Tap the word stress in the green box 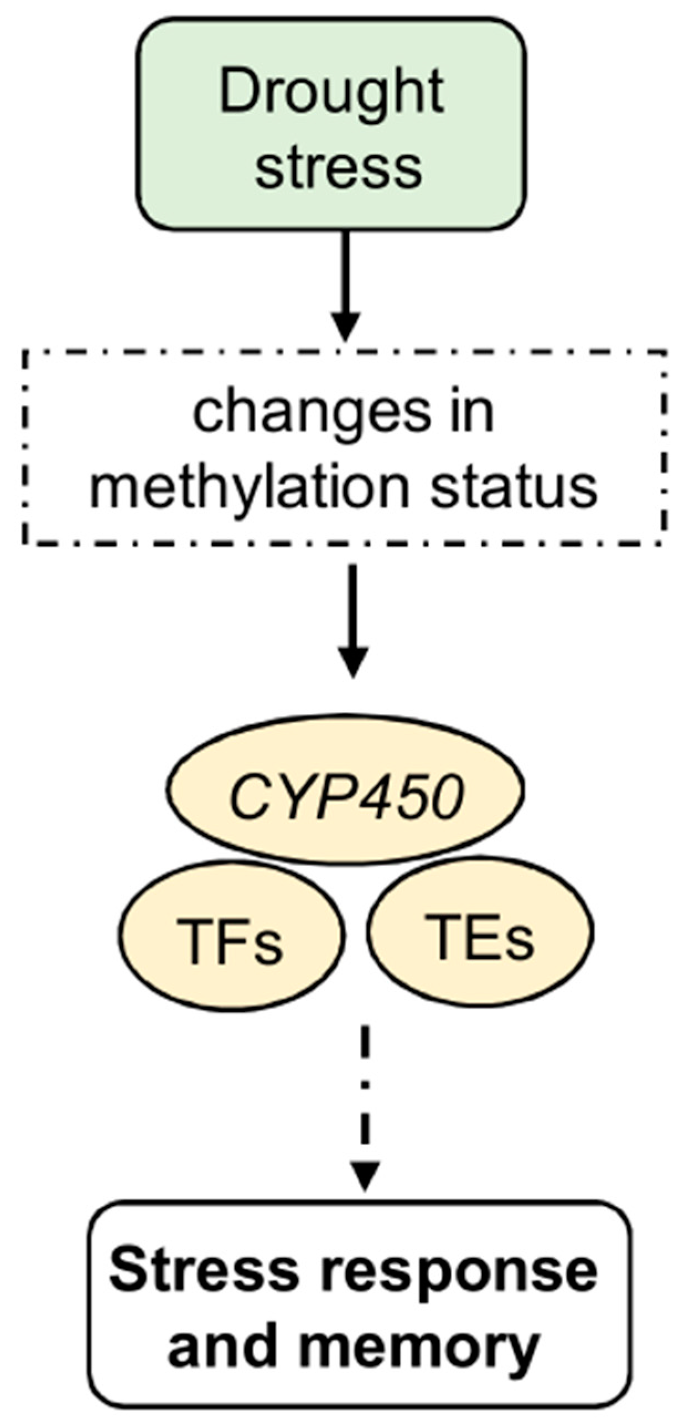coord(338,166)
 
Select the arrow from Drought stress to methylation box coord(346,277)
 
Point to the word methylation coord(249,488)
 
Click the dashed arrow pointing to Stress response coord(365,1102)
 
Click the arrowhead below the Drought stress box coord(346,326)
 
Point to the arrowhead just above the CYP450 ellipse coord(353,662)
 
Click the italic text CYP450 coord(346,797)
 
